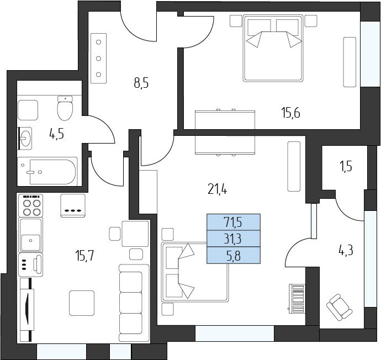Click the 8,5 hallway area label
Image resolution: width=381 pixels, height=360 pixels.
pyautogui.click(x=141, y=83)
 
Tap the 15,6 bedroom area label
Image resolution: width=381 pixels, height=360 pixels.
pyautogui.click(x=291, y=113)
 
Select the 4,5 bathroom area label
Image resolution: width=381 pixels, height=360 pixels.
pyautogui.click(x=57, y=134)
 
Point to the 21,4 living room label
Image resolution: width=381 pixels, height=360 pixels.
pyautogui.click(x=218, y=189)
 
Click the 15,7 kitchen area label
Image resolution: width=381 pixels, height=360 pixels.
pyautogui.click(x=84, y=256)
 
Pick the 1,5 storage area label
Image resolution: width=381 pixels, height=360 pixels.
pyautogui.click(x=346, y=167)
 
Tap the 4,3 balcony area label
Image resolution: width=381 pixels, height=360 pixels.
pyautogui.click(x=346, y=250)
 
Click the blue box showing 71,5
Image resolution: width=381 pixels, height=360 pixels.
pyautogui.click(x=234, y=222)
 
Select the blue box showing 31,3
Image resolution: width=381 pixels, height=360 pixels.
pyautogui.click(x=234, y=239)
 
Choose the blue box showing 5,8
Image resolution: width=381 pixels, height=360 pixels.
pyautogui.click(x=234, y=256)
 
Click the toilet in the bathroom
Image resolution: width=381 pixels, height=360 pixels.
pyautogui.click(x=65, y=108)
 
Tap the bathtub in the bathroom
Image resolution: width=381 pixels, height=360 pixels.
pyautogui.click(x=47, y=172)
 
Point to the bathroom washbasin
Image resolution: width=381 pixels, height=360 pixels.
pyautogui.click(x=25, y=138)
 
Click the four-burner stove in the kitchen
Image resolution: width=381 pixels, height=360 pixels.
pyautogui.click(x=30, y=205)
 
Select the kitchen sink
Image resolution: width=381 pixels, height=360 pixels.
pyautogui.click(x=30, y=235)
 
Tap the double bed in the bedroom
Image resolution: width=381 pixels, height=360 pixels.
pyautogui.click(x=273, y=48)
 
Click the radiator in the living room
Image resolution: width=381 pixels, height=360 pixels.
pyautogui.click(x=297, y=299)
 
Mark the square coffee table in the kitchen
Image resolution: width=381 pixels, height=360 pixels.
pyautogui.click(x=82, y=303)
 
